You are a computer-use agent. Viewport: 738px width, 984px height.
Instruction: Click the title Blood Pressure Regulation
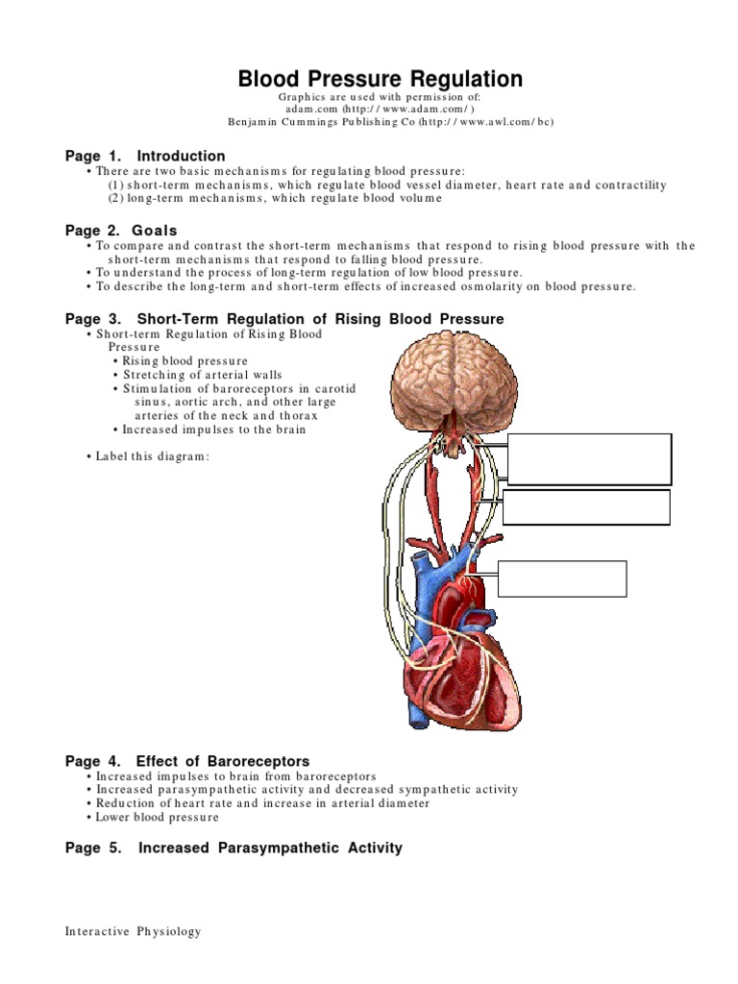click(381, 79)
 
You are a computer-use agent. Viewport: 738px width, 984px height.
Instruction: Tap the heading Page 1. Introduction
click(145, 156)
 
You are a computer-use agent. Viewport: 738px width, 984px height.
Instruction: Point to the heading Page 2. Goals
click(121, 231)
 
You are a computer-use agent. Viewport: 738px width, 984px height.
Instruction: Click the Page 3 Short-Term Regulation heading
click(284, 319)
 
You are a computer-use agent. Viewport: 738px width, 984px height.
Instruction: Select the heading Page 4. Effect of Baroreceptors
click(187, 761)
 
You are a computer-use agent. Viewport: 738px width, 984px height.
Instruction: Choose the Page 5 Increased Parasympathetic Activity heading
click(234, 848)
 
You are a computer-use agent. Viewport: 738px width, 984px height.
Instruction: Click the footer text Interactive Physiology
click(134, 931)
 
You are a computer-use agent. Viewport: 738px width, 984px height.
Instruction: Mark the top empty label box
click(589, 459)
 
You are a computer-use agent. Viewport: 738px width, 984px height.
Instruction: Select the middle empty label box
click(586, 507)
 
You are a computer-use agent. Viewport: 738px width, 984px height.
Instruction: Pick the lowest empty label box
click(562, 578)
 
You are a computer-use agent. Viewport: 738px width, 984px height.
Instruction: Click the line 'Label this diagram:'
click(152, 456)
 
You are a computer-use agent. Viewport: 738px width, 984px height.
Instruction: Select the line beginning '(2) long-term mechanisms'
click(275, 198)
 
